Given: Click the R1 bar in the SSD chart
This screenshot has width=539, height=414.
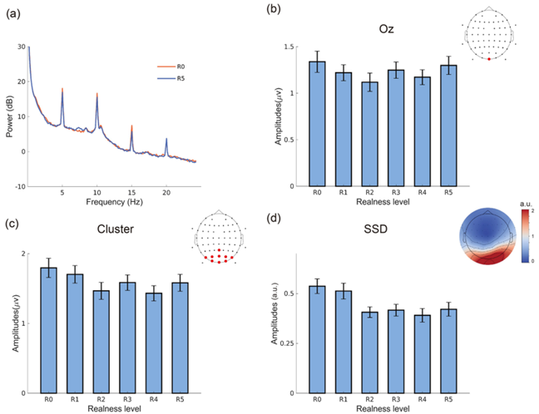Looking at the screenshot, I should point(343,342).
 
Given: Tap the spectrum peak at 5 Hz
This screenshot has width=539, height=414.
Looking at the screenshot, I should point(62,90).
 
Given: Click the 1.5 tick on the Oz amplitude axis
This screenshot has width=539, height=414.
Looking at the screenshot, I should point(289,47).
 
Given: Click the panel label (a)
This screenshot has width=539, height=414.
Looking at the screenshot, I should point(14,12).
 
